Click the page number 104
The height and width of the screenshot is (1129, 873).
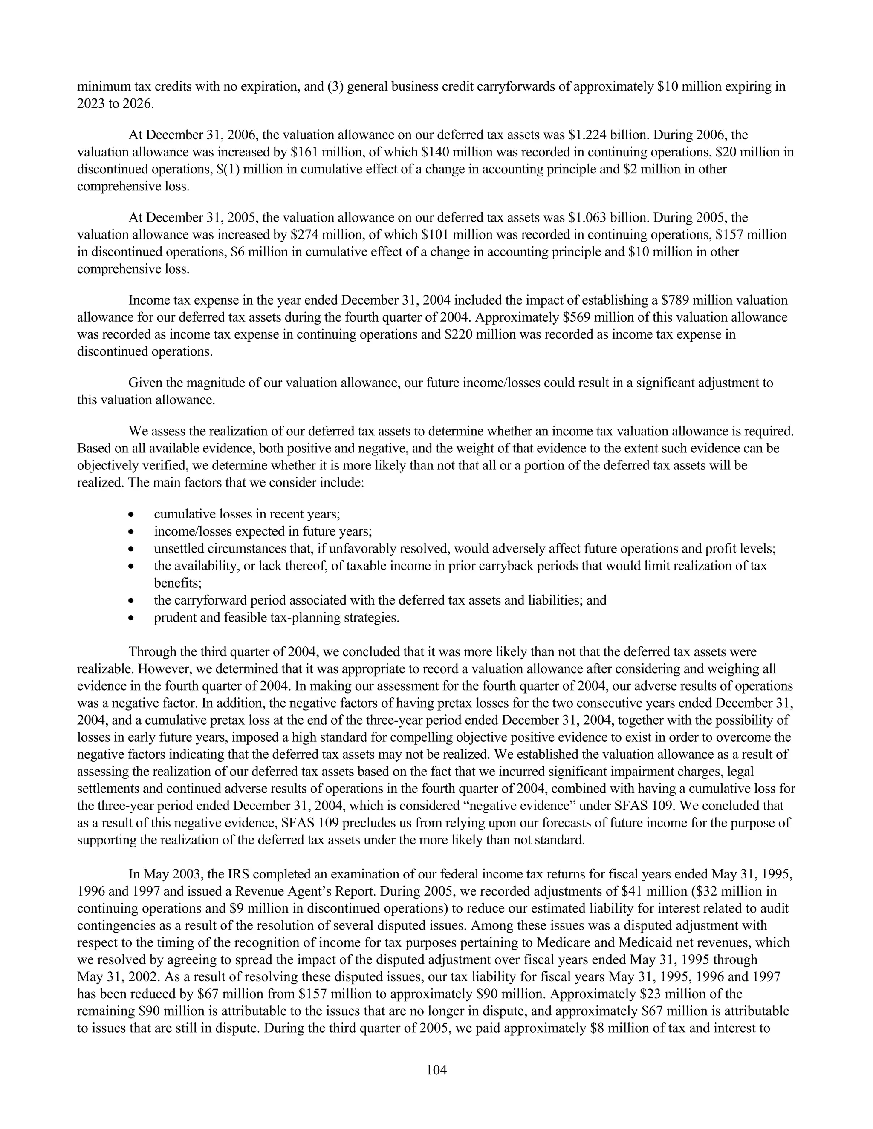436,1070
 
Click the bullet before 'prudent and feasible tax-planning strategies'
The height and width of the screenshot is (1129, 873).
133,618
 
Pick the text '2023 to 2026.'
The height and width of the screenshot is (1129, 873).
115,104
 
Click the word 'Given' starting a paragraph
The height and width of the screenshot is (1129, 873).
145,383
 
